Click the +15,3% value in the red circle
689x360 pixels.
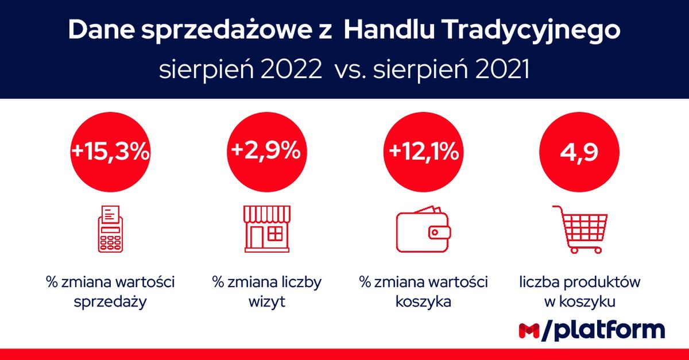pyautogui.click(x=110, y=152)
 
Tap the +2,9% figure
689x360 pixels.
pyautogui.click(x=266, y=151)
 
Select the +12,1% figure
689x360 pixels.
pyautogui.click(x=424, y=152)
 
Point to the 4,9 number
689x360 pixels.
pyautogui.click(x=579, y=152)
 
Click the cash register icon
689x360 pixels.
pyautogui.click(x=110, y=229)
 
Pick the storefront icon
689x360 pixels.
pyautogui.click(x=266, y=229)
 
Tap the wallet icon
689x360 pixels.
pyautogui.click(x=423, y=229)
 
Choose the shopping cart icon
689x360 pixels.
pyautogui.click(x=580, y=230)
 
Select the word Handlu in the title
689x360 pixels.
pyautogui.click(x=389, y=30)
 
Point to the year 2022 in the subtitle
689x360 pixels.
pyautogui.click(x=291, y=69)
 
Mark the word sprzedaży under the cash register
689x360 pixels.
pyautogui.click(x=110, y=302)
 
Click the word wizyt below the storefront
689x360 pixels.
pyautogui.click(x=266, y=301)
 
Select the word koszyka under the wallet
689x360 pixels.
pyautogui.click(x=423, y=301)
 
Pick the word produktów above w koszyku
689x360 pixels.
pyautogui.click(x=602, y=282)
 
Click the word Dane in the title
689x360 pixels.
pyautogui.click(x=101, y=30)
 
